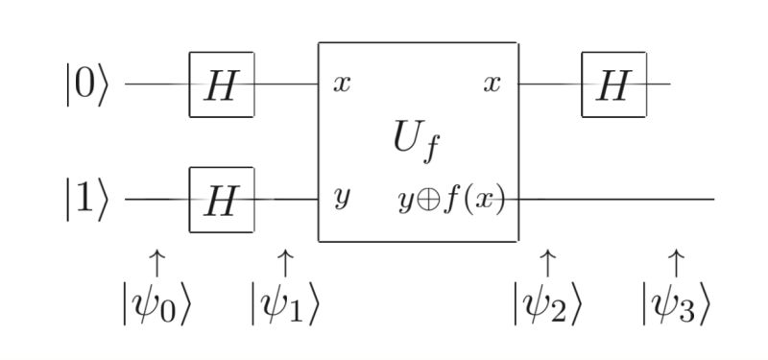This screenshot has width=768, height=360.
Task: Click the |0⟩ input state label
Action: click(x=87, y=84)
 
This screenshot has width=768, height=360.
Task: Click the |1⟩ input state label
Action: click(x=87, y=200)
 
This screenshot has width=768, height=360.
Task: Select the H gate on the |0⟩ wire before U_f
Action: click(x=221, y=84)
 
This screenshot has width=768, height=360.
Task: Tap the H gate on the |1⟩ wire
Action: click(x=221, y=200)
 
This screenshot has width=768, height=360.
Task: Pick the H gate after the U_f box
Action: click(x=612, y=84)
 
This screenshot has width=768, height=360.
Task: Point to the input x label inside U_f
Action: click(x=342, y=84)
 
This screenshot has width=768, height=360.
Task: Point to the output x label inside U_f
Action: click(x=492, y=84)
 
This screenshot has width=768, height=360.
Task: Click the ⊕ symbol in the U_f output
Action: click(x=429, y=201)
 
